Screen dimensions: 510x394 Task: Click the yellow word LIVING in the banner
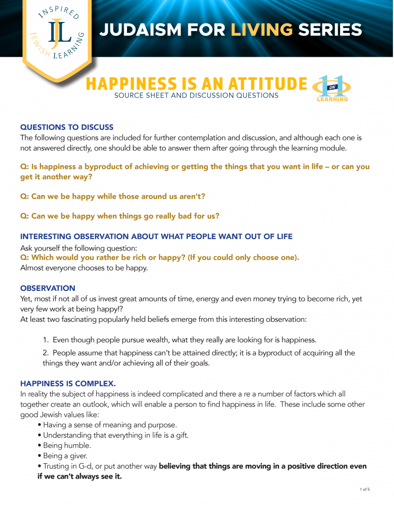click(x=261, y=30)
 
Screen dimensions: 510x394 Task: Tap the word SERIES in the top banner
click(x=330, y=30)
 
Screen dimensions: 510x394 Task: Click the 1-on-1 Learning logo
click(x=332, y=89)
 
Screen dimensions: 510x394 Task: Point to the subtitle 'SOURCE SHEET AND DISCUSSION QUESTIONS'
click(x=196, y=96)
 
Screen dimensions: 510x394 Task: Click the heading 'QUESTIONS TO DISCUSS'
click(x=67, y=127)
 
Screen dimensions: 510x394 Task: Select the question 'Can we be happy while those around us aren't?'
click(x=113, y=196)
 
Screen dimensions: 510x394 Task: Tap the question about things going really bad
click(x=120, y=216)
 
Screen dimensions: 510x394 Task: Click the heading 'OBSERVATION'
click(x=48, y=288)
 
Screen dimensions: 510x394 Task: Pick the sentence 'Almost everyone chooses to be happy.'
click(x=85, y=267)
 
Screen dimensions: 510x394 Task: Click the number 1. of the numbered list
click(x=45, y=340)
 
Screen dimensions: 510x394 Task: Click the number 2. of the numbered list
click(x=45, y=353)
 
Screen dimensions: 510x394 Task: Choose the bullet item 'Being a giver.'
click(x=65, y=456)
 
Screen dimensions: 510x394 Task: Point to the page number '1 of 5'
click(x=365, y=490)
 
